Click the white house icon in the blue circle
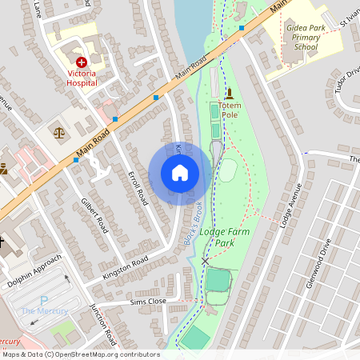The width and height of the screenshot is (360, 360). point(180,173)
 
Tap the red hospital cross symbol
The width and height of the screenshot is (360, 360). point(81,62)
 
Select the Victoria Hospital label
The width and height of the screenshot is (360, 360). point(81,78)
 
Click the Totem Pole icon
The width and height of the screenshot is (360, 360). point(230,94)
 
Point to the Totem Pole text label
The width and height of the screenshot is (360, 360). point(230,110)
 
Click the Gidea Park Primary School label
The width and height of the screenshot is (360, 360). point(306,37)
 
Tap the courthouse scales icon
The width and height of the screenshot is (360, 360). point(58,132)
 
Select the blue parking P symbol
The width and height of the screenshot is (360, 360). point(45,299)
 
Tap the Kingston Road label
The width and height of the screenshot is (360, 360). point(126,268)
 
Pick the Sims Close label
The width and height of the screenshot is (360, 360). point(147,302)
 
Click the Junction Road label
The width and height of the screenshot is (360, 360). point(105,324)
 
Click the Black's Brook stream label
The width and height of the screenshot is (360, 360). point(193,226)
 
